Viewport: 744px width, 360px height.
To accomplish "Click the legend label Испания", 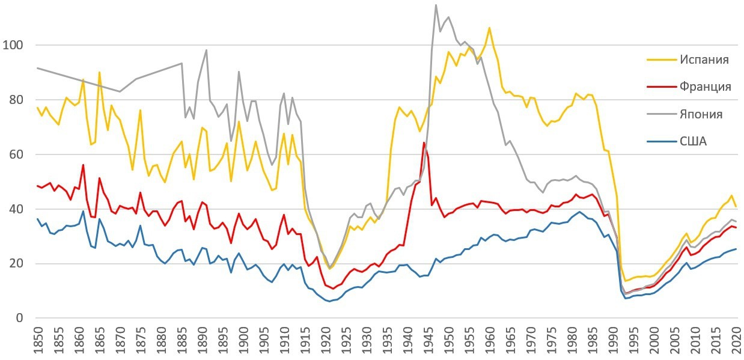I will click(x=704, y=59).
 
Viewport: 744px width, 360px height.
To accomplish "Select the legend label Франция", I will click(x=706, y=87).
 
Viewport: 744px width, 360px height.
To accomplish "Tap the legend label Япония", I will click(x=701, y=114).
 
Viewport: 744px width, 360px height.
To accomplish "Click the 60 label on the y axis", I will click(x=16, y=154).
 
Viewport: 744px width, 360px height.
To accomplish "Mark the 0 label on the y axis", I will click(x=20, y=318).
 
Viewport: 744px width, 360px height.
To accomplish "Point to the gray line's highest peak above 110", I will click(x=436, y=5).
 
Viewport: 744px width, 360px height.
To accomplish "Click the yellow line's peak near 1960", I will click(x=489, y=28).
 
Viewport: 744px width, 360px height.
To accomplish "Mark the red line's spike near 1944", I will click(x=424, y=142).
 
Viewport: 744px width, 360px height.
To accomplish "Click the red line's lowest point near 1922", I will click(x=332, y=288).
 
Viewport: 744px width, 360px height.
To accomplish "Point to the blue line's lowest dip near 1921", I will click(x=329, y=301).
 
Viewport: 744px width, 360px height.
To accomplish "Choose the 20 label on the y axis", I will click(x=16, y=264).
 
